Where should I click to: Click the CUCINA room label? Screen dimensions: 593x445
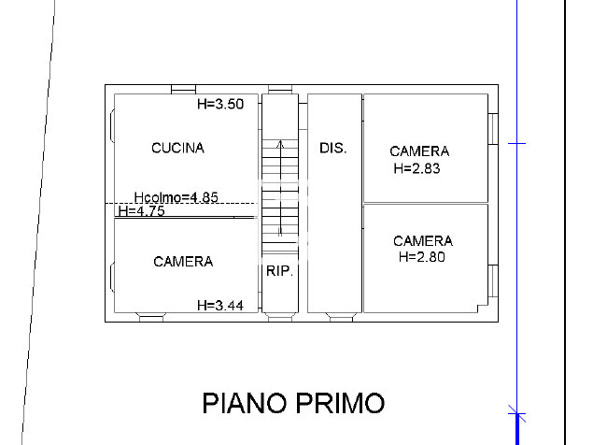[177, 148]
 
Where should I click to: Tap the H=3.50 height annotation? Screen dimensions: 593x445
[220, 104]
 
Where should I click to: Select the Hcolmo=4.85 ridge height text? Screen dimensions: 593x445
[176, 197]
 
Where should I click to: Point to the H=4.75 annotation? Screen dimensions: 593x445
[141, 211]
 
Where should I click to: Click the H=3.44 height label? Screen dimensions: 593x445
[220, 306]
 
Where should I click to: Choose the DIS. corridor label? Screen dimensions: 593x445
[332, 148]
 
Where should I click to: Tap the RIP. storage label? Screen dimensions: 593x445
[280, 271]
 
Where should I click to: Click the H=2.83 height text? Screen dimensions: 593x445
[417, 168]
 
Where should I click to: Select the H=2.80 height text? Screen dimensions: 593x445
[422, 257]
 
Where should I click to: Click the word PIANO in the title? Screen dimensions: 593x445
[245, 403]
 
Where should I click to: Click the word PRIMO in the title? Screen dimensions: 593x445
[340, 403]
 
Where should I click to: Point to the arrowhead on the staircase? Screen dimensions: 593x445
[280, 144]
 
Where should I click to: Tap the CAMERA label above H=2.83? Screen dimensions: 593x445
[419, 151]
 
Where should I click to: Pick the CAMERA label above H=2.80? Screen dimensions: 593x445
[423, 241]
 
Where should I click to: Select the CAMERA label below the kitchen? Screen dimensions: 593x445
[183, 262]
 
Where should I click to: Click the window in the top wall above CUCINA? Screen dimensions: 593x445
[183, 90]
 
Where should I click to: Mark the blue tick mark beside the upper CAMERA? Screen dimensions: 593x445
[516, 144]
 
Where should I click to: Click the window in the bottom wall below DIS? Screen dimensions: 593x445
[341, 317]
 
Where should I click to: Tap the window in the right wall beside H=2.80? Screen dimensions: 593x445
[493, 280]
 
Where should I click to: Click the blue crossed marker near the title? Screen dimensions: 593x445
[517, 413]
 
